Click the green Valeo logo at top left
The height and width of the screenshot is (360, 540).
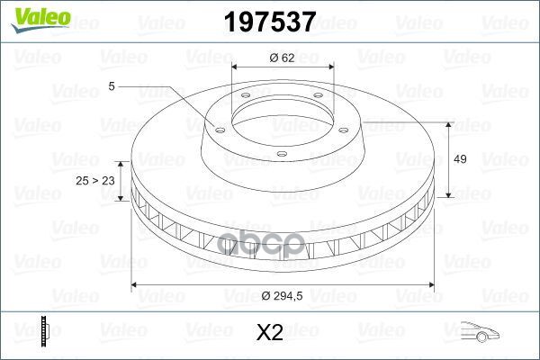click(x=40, y=20)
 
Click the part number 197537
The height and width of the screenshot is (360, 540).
click(x=270, y=22)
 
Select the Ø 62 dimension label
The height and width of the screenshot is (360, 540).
click(x=282, y=58)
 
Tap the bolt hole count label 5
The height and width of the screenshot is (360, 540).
click(x=112, y=86)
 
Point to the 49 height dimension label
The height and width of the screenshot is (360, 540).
click(x=460, y=159)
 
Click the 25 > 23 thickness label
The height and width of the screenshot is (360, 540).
click(x=95, y=181)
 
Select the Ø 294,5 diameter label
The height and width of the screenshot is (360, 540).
click(x=282, y=295)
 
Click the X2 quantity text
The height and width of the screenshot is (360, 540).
click(x=270, y=332)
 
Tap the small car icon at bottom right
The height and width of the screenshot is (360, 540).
click(x=480, y=332)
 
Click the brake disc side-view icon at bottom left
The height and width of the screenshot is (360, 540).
click(x=45, y=330)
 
